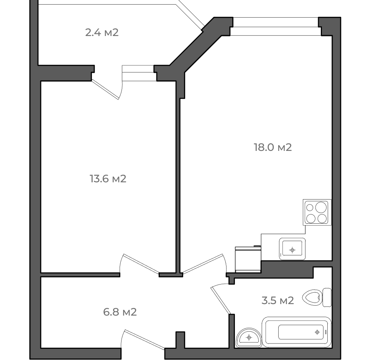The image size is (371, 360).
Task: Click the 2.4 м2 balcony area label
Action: [102, 33]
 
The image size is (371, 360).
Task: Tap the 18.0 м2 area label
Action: [273, 147]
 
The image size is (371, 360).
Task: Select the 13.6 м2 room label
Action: [108, 179]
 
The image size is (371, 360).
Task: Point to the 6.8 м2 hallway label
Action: [120, 312]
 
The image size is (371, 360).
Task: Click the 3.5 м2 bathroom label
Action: [277, 300]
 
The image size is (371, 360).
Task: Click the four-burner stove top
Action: [317, 212]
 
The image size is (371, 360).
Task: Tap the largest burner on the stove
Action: [321, 207]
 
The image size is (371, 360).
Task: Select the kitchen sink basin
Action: [292, 249]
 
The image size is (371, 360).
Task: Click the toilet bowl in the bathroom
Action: [312, 298]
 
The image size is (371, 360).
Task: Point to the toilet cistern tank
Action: [327, 298]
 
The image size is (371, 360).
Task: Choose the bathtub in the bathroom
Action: [297, 332]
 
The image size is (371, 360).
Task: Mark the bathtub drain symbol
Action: [317, 332]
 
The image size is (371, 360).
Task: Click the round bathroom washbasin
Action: [249, 337]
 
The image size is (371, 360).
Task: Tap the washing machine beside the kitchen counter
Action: [248, 259]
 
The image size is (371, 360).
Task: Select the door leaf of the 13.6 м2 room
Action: [141, 264]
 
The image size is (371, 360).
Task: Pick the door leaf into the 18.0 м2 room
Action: [203, 264]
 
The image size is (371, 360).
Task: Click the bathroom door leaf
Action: [220, 300]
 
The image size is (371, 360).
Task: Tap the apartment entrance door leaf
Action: [144, 340]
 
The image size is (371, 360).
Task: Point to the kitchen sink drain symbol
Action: [292, 250]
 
